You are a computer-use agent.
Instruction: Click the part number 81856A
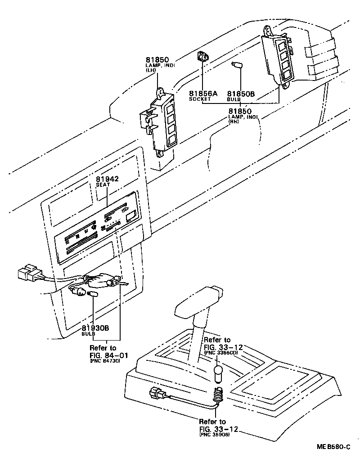(x=203, y=93)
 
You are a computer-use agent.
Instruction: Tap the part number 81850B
(x=241, y=93)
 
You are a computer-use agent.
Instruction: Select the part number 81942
(x=107, y=179)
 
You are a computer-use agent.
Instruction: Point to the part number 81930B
(x=95, y=328)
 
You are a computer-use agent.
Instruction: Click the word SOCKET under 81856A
(x=199, y=99)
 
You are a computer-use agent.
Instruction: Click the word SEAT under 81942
(x=103, y=185)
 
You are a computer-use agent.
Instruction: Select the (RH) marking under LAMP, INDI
(x=234, y=122)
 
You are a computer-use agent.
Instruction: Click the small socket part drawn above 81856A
(x=203, y=58)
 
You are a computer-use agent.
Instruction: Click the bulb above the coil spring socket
(x=218, y=374)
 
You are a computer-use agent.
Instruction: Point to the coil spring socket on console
(x=218, y=395)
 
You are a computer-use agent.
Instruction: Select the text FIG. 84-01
(x=108, y=355)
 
